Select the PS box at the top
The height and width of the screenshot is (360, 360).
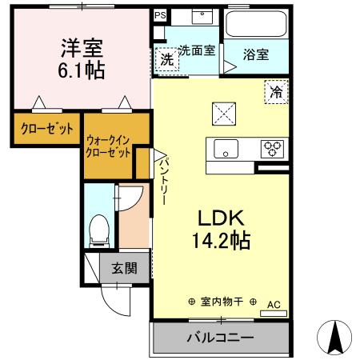pyautogui.click(x=160, y=14)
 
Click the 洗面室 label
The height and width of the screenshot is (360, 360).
pyautogui.click(x=196, y=50)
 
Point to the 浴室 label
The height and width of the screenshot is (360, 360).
pyautogui.click(x=256, y=54)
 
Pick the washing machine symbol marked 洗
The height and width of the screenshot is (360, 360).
pyautogui.click(x=166, y=58)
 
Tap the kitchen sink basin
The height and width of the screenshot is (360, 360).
pyautogui.click(x=225, y=149)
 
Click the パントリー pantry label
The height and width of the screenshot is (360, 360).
pyautogui.click(x=162, y=180)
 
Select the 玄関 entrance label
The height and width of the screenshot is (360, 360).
pyautogui.click(x=123, y=268)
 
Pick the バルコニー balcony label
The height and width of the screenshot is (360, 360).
pyautogui.click(x=220, y=337)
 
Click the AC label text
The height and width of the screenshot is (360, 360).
pyautogui.click(x=273, y=304)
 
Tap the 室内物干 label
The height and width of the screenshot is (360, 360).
pyautogui.click(x=222, y=302)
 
